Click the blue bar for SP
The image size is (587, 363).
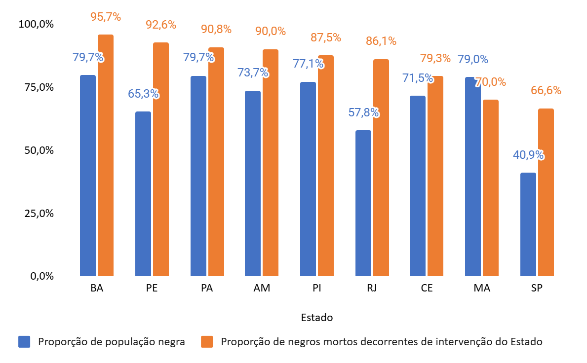click(528, 224)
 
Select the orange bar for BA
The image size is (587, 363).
click(106, 155)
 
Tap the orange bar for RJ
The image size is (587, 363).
click(381, 168)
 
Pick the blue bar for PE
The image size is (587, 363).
click(143, 194)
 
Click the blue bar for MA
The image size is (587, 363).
click(472, 177)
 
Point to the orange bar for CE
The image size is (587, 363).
click(435, 176)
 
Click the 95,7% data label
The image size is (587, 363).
click(105, 16)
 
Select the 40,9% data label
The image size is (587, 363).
click(528, 154)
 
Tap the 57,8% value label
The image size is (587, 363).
click(363, 112)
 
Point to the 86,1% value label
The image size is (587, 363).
click(381, 41)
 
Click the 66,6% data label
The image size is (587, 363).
click(546, 90)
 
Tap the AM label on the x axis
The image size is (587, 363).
click(262, 288)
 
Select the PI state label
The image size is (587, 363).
click(317, 288)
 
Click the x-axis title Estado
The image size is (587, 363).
click(316, 318)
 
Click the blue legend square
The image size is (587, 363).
click(24, 342)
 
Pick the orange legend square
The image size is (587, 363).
click(207, 342)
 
